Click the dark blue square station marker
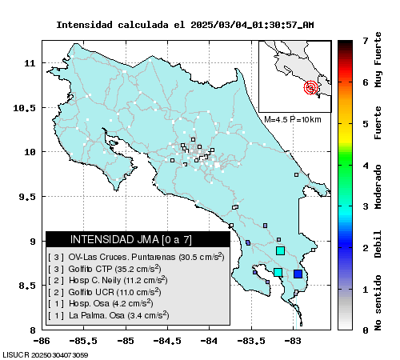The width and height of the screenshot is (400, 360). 298,274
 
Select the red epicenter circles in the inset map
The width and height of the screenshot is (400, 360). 310,87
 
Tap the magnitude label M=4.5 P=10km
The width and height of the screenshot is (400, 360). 293,119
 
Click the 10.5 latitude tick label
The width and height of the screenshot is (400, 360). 24,108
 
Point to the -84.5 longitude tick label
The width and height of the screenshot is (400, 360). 167,341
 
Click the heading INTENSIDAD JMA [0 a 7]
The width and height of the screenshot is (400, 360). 131,239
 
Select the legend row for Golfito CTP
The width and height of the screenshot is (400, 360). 105,269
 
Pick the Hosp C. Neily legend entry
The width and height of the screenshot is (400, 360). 108,280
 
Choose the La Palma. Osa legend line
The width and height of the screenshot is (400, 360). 109,315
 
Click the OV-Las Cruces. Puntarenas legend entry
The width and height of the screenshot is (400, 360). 136,257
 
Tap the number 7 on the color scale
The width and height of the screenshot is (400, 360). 366,41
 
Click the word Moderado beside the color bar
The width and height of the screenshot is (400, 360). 378,186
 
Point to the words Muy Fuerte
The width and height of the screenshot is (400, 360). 378,60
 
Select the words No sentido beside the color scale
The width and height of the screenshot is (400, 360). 378,302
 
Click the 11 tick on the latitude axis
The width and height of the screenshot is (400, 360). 30,63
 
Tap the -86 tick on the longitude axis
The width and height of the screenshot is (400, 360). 42,341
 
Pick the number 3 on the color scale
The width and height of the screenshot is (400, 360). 366,206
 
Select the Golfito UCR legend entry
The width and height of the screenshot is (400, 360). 105,292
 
